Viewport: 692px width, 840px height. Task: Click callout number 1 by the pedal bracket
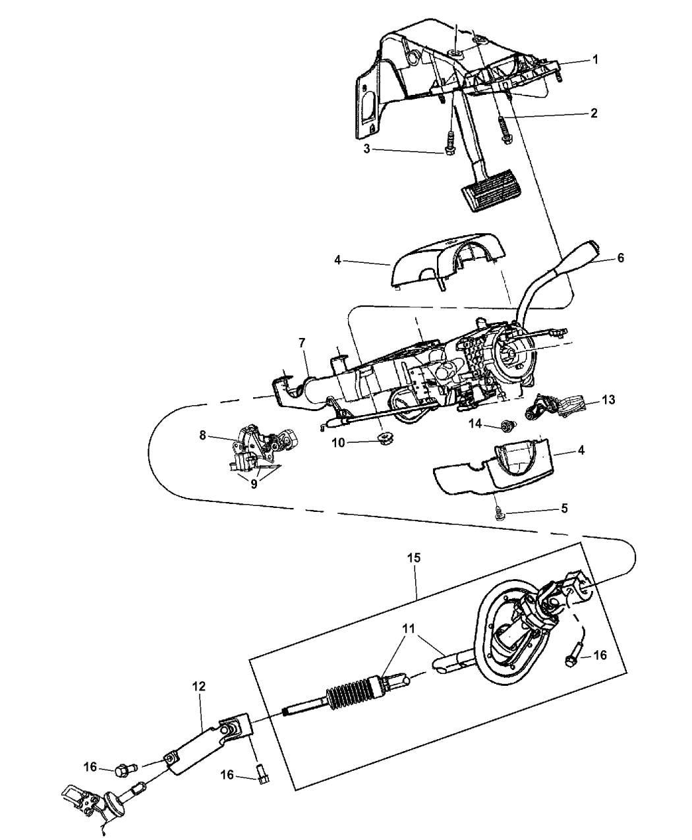(594, 59)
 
